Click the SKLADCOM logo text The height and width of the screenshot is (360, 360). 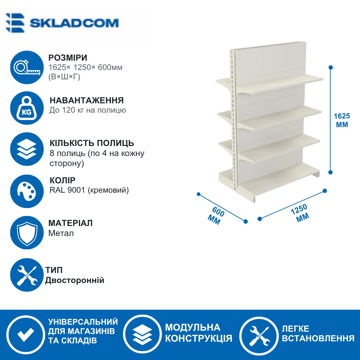click(x=74, y=23)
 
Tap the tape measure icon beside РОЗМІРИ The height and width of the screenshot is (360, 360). click(x=27, y=67)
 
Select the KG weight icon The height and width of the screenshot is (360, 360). click(x=27, y=108)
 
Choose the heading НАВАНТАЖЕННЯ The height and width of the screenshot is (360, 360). click(x=87, y=100)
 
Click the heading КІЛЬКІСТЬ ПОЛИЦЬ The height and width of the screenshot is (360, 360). click(x=92, y=143)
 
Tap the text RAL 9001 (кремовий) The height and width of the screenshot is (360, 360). click(x=89, y=190)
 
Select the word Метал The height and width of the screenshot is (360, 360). click(x=61, y=233)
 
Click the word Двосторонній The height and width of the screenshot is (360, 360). click(x=75, y=280)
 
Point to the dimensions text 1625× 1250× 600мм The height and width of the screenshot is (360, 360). click(x=85, y=67)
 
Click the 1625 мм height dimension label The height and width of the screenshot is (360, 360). click(x=342, y=120)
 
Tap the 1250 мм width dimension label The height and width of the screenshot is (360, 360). click(x=300, y=213)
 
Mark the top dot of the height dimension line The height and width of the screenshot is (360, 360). click(x=331, y=67)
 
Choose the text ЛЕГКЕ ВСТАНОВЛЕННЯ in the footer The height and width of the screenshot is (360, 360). click(x=318, y=333)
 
